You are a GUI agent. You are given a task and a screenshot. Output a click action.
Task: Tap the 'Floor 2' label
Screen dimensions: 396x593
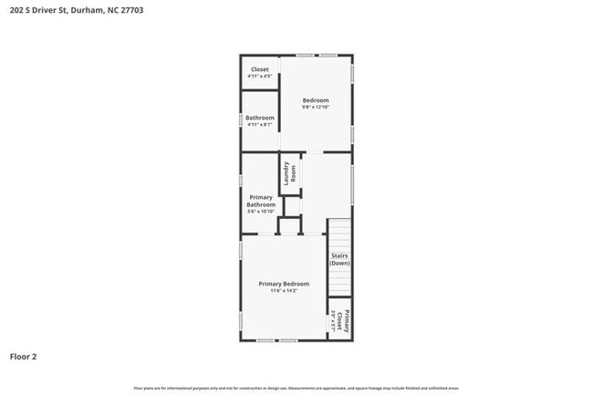(x=24, y=356)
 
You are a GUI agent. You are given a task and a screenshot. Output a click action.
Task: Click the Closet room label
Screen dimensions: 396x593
(x=260, y=69)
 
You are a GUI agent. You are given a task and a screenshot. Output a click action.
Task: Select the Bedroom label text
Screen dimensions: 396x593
(x=316, y=99)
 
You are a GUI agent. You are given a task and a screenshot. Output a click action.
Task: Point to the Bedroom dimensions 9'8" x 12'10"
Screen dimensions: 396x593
(x=316, y=107)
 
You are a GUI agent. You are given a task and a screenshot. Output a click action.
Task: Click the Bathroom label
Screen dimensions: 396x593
(x=260, y=118)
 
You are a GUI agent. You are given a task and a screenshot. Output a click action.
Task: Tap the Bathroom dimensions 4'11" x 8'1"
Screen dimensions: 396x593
(x=260, y=125)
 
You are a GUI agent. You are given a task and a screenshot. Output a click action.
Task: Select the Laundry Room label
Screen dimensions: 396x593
(x=289, y=172)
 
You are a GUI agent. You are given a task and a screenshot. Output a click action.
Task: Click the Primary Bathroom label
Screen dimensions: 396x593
(x=261, y=201)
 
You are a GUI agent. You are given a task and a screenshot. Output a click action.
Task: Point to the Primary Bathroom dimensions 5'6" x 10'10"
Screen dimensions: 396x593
(x=261, y=212)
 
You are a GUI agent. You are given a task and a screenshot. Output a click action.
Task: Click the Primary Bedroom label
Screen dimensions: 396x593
(x=284, y=284)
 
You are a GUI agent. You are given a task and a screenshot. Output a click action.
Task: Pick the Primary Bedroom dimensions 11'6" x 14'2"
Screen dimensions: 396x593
(x=284, y=291)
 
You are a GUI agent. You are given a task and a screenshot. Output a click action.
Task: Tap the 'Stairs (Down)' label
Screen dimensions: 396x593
(x=339, y=259)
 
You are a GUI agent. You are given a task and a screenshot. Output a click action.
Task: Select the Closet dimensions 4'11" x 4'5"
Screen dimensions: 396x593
(x=260, y=76)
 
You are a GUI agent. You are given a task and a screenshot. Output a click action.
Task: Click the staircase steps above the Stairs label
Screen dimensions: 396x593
(x=339, y=232)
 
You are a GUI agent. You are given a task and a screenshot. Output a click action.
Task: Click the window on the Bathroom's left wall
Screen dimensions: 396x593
(x=242, y=120)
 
